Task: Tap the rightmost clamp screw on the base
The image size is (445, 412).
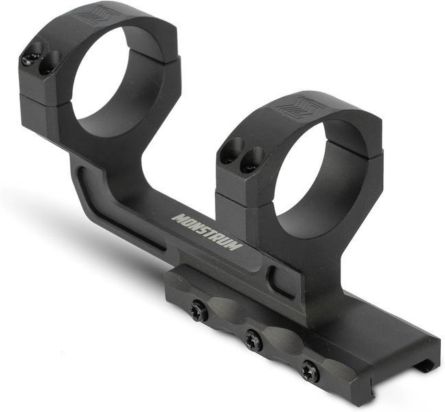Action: (x=311, y=371)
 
